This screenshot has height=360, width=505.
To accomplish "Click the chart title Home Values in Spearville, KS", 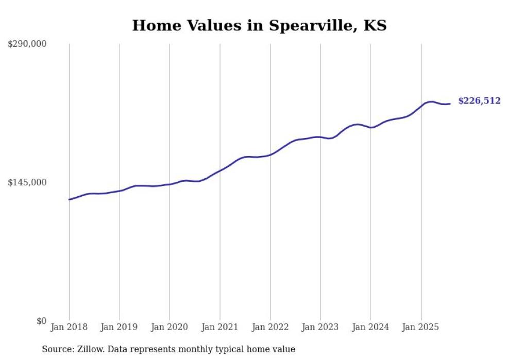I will [259, 25].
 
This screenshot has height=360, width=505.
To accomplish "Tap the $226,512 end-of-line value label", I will [479, 101].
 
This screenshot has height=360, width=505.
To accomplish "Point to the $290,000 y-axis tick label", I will [27, 44].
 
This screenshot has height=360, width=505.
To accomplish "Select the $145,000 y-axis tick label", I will [27, 182].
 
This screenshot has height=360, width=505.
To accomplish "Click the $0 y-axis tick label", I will [41, 321].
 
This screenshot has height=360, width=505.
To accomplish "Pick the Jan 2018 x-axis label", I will [69, 327].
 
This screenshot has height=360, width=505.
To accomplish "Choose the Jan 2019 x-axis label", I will [119, 327].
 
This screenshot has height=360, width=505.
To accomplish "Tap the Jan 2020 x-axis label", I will [170, 327].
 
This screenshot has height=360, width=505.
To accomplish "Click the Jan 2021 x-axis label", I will [220, 327].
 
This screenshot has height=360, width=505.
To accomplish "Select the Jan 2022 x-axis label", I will [270, 327].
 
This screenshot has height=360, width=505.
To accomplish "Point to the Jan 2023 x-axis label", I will [320, 327].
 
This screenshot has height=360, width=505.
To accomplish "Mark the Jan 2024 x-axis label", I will [371, 327].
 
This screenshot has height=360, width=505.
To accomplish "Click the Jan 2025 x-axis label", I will [421, 327].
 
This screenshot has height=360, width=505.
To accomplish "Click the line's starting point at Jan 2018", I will [69, 199].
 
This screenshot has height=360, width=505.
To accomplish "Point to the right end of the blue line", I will [450, 104].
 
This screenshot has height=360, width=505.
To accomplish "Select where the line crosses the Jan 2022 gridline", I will [270, 154].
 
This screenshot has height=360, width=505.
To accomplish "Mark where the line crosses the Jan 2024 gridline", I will [371, 127].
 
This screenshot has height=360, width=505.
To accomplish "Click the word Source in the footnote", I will [57, 349].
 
